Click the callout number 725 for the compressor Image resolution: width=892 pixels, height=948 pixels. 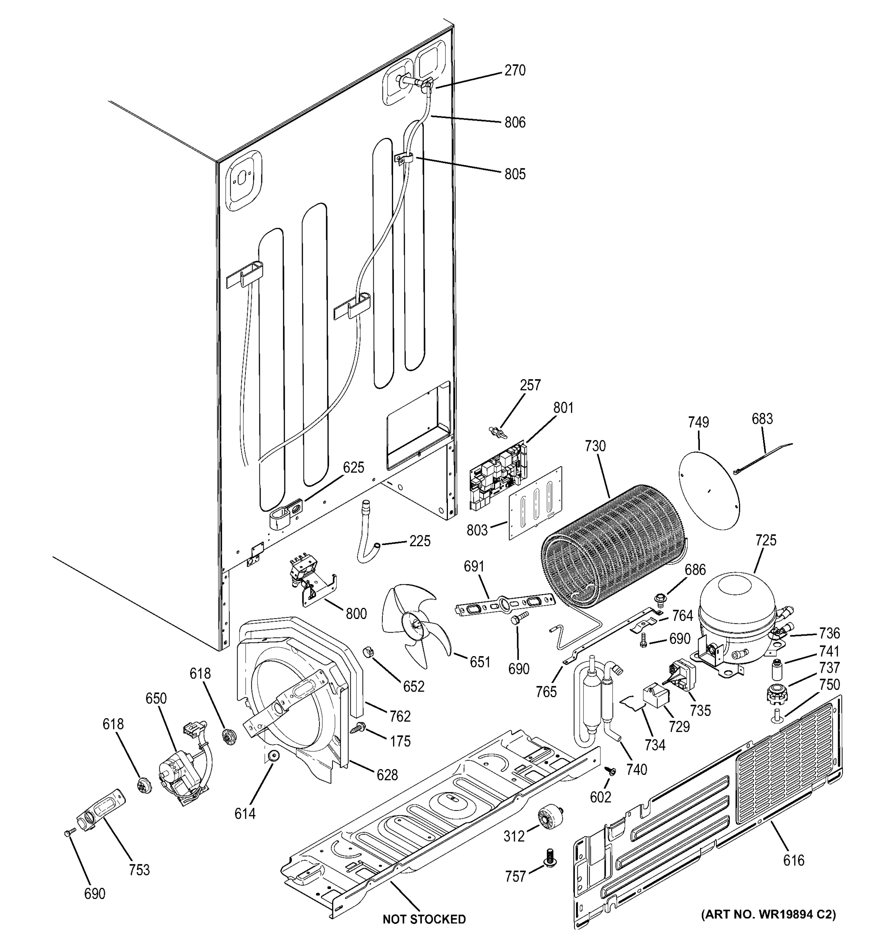point(765,540)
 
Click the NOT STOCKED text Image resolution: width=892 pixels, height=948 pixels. point(424,919)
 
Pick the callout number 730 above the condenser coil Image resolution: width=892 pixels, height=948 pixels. point(595,446)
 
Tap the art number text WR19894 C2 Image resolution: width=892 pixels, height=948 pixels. point(768,914)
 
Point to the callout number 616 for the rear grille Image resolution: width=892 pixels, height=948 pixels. point(793,860)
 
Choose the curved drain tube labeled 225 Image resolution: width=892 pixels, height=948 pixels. point(367,534)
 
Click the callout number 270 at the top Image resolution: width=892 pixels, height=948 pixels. point(515,71)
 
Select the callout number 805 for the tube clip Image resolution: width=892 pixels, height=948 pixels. point(515,174)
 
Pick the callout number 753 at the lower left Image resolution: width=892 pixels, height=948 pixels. point(139,870)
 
